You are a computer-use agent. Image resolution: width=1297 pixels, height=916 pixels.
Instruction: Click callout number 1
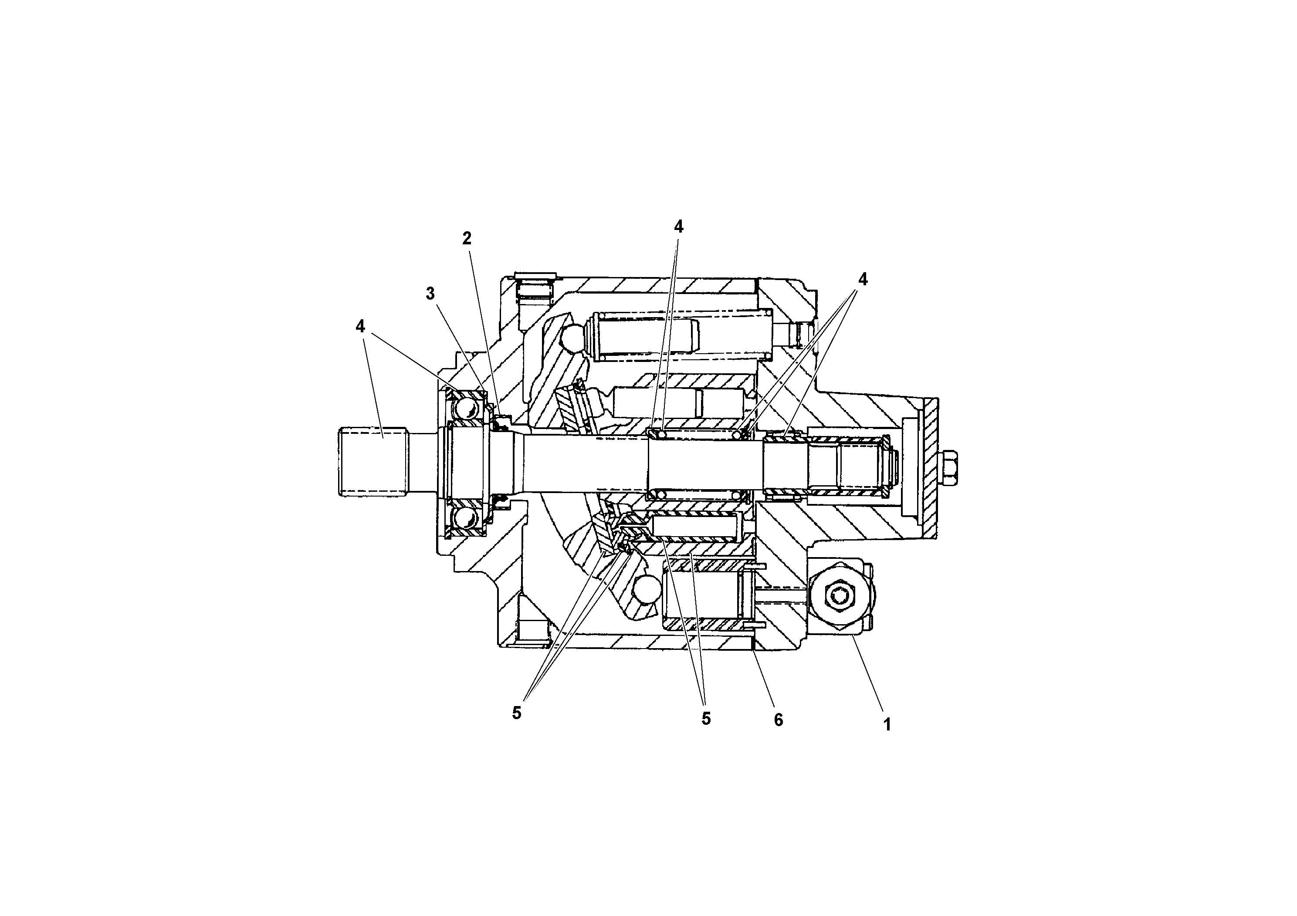point(887,724)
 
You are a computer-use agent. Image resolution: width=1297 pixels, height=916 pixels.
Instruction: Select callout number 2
point(467,238)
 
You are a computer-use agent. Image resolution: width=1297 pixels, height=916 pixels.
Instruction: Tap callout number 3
point(430,294)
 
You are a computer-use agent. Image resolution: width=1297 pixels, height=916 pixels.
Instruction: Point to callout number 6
point(779,720)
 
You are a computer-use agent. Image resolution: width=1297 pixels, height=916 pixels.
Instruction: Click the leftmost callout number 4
point(360,326)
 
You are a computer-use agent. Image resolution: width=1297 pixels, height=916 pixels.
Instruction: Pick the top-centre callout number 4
point(678,226)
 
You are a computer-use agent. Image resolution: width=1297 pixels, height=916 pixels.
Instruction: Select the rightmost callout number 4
point(863,279)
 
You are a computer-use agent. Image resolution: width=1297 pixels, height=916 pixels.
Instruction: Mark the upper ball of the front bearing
point(467,407)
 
